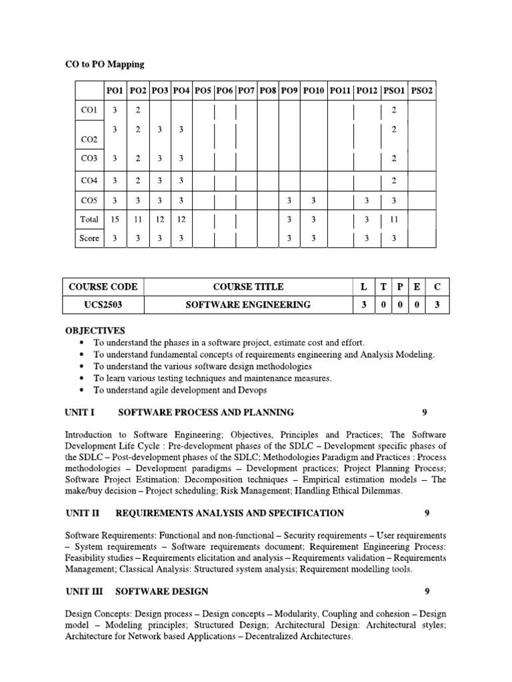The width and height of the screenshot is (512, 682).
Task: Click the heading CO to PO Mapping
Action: coord(104,65)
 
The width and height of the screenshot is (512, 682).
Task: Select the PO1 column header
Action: coord(115,90)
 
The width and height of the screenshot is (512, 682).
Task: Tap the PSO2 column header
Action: coord(421,90)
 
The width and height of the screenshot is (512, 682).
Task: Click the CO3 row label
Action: coord(89,159)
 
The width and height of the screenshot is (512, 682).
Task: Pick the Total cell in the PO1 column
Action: coord(115,219)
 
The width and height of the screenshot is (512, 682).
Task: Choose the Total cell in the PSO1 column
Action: coord(394,219)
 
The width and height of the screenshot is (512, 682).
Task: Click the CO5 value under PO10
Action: coord(313,200)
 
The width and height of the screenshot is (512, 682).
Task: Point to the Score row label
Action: coord(89,238)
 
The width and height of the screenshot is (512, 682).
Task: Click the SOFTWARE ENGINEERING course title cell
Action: coord(248,305)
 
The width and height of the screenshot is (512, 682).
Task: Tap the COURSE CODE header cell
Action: coord(103,286)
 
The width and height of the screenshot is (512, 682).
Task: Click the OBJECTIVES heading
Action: coord(95,330)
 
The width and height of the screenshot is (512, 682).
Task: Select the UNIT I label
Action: coord(81,412)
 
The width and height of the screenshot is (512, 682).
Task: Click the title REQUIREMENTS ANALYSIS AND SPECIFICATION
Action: coord(229,513)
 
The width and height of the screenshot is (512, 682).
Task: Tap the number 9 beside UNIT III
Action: coord(427,591)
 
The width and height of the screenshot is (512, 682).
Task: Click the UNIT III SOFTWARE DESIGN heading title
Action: coord(161,591)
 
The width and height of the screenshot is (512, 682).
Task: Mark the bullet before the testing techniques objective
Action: coord(81,378)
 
